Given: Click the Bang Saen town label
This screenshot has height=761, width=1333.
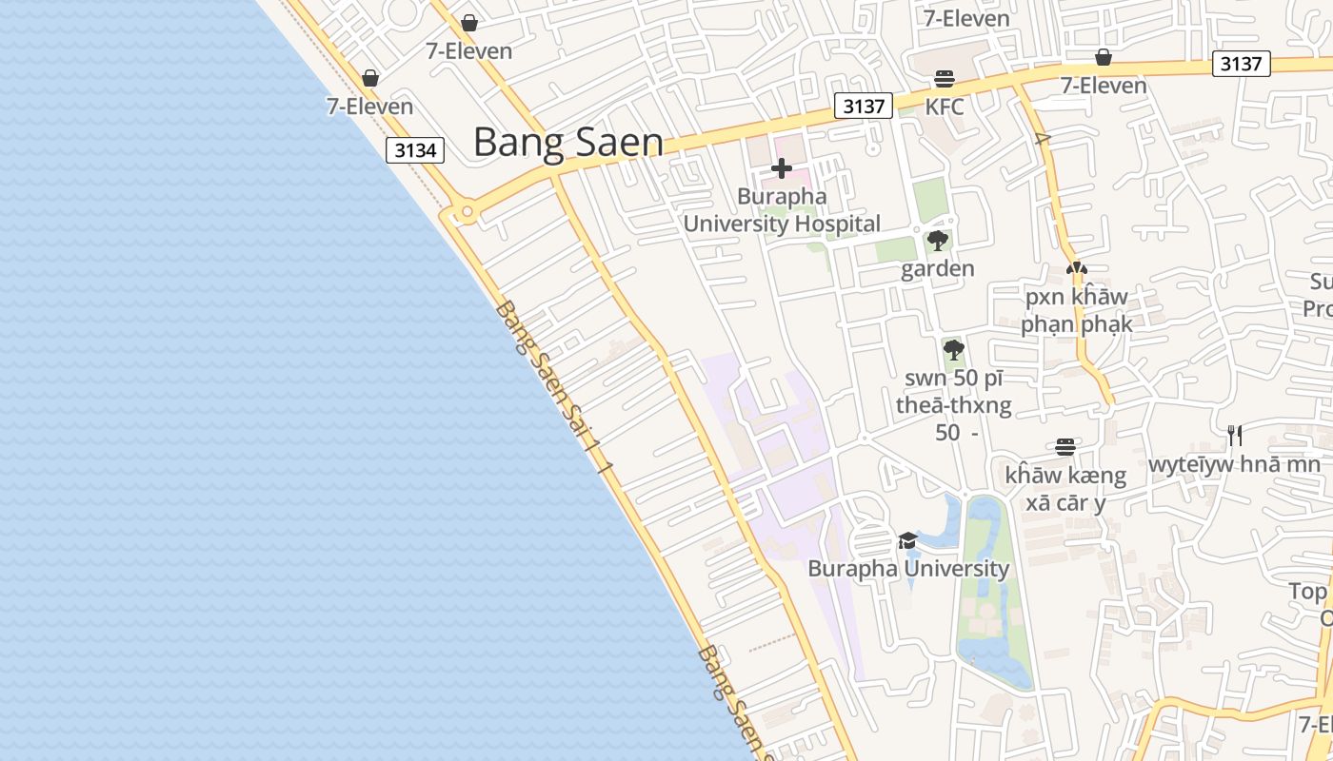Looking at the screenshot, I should point(567,143).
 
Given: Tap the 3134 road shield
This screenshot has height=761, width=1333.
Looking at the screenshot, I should point(415,150).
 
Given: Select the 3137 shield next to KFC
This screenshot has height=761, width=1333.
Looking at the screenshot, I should point(864,107).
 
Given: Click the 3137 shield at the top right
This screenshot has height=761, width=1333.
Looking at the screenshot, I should point(1242,64).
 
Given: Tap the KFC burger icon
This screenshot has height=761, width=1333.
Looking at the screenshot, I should point(944,78).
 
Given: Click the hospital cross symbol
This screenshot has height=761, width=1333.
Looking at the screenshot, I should point(782,169).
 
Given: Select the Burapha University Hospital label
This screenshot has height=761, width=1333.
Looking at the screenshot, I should point(782,210).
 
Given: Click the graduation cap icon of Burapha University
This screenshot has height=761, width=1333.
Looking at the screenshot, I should point(907,541).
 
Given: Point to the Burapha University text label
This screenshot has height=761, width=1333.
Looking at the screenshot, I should point(908,569).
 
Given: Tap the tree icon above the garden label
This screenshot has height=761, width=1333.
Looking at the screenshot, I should point(937,240).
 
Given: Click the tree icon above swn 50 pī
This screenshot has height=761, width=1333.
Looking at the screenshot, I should point(953,350).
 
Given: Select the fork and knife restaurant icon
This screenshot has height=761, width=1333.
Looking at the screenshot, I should point(1234,436).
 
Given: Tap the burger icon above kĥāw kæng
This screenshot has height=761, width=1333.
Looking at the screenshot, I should point(1065,446).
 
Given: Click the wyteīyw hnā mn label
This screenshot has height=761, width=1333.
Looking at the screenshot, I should point(1234,465).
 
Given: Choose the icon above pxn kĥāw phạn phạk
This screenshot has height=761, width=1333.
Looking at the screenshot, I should point(1077,269).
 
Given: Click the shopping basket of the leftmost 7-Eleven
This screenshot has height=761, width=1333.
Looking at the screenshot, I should point(370,78).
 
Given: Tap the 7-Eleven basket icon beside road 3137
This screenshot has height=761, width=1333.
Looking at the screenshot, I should point(1103,57).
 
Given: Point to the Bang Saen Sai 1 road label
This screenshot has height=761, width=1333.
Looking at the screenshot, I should point(552,385).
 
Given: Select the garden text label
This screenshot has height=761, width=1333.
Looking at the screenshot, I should point(937,268).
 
